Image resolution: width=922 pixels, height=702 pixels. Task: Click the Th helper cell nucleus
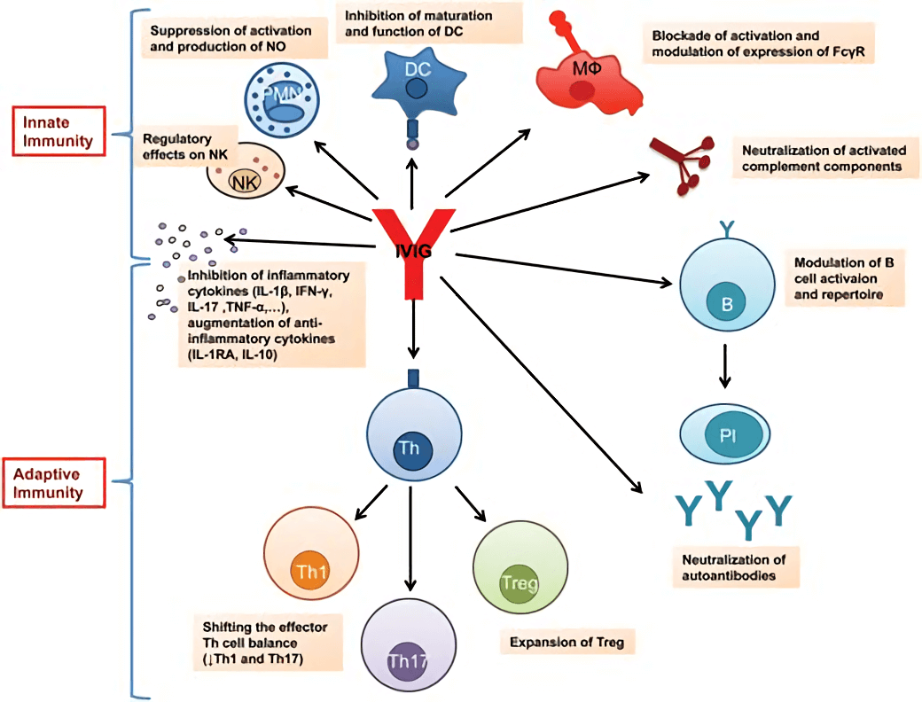410,448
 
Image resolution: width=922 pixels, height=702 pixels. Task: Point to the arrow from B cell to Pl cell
726,365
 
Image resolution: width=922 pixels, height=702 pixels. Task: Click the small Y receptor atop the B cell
727,229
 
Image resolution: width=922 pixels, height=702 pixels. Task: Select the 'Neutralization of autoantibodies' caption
734,566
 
